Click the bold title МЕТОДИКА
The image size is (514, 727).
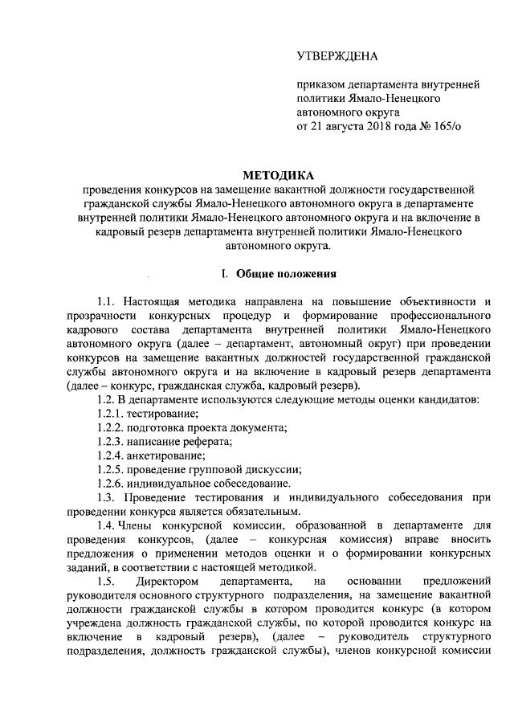[279, 175]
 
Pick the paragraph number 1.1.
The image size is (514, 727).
[105, 300]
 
